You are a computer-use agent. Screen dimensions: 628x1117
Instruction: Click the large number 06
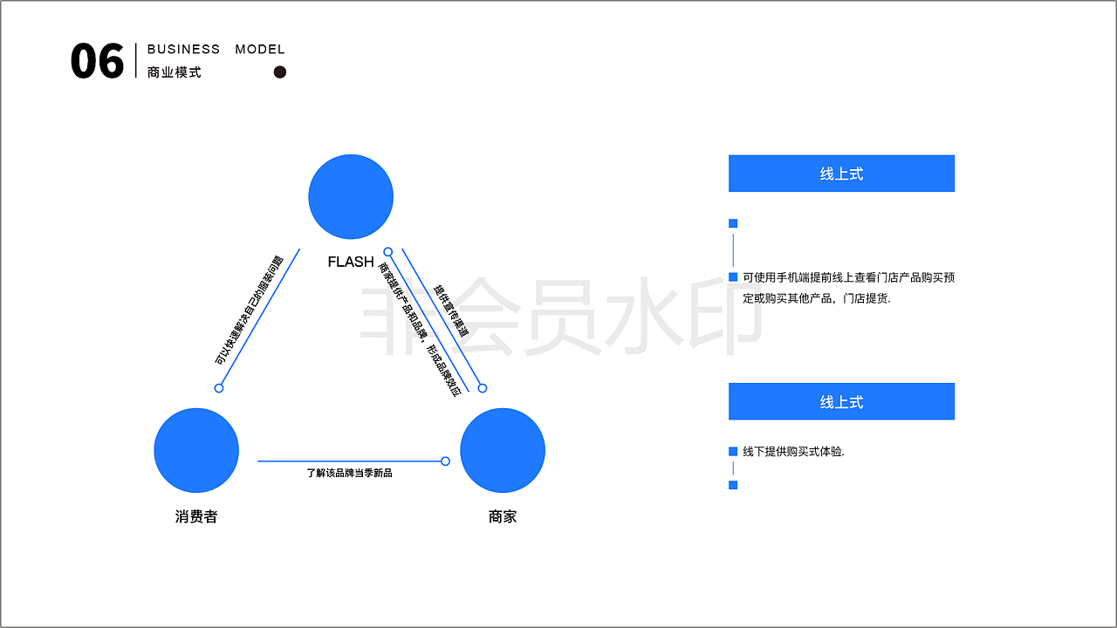coord(97,62)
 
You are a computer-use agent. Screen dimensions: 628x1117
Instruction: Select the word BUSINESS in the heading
coord(183,50)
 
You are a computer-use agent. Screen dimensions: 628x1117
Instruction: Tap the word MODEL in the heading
coord(260,50)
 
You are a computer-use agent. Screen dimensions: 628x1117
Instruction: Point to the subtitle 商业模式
coord(175,72)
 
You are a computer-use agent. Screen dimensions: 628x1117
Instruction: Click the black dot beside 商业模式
coord(280,72)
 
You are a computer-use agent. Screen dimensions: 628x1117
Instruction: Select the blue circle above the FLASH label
coord(351,197)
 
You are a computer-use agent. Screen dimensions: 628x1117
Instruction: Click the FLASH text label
coord(351,262)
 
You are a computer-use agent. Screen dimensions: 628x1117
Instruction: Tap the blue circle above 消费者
coord(196,450)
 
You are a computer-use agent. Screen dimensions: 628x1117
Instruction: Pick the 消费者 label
coord(196,516)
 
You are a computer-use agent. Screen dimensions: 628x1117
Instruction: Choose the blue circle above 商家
coord(503,450)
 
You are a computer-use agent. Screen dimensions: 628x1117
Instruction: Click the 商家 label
coord(503,516)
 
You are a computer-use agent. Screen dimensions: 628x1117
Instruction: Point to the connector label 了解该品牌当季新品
coord(349,473)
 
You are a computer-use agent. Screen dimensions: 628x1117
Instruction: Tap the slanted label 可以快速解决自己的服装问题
coord(250,311)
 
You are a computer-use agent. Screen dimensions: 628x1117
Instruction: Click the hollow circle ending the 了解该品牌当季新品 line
coord(445,461)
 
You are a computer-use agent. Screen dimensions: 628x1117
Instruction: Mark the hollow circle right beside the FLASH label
coord(388,252)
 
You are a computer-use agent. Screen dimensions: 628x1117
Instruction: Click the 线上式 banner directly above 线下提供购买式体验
coord(841,401)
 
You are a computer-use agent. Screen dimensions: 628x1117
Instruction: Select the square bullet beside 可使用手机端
coord(733,277)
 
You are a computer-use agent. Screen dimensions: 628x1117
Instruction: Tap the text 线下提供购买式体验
coord(793,452)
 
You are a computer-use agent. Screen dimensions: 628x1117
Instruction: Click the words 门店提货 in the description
coord(866,298)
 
